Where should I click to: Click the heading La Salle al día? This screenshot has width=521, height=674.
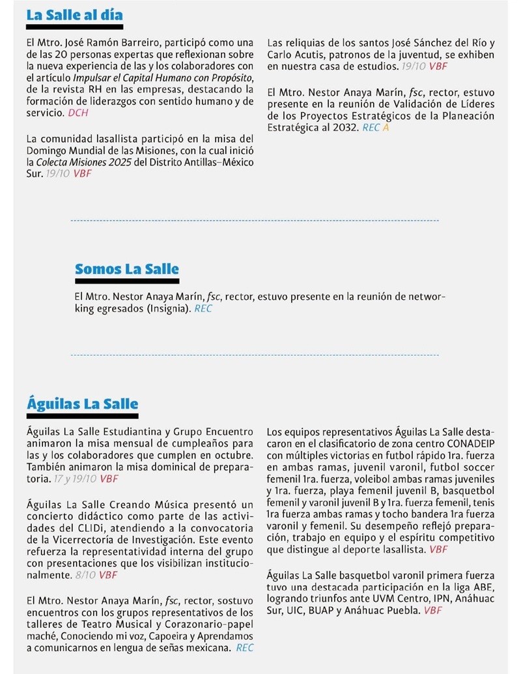pyautogui.click(x=74, y=15)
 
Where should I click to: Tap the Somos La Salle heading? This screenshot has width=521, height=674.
pyautogui.click(x=126, y=269)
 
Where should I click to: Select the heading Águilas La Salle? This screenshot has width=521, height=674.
pyautogui.click(x=82, y=403)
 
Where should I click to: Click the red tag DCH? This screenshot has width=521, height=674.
pyautogui.click(x=77, y=113)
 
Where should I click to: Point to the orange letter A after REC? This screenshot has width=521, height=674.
pyautogui.click(x=386, y=128)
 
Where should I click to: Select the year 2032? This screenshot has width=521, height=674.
pyautogui.click(x=345, y=128)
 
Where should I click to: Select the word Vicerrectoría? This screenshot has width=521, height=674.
pyautogui.click(x=76, y=540)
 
